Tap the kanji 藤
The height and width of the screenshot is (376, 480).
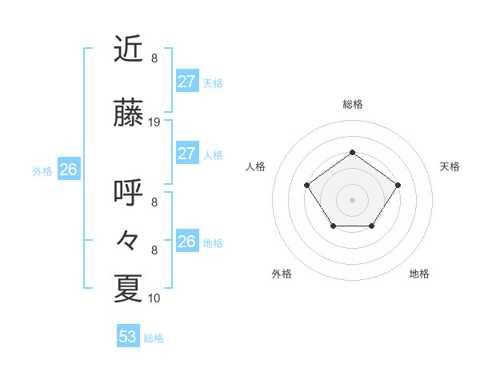tap(129, 114)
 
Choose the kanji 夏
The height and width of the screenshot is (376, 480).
tap(129, 289)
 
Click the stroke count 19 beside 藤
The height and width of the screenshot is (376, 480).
tap(154, 122)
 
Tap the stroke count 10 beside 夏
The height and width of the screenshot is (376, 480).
tap(154, 298)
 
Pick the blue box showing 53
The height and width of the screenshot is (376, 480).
tap(128, 337)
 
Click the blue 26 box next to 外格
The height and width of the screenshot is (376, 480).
tap(68, 170)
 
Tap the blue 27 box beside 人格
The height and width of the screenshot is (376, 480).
tap(186, 154)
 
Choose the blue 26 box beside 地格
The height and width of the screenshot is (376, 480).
tap(186, 241)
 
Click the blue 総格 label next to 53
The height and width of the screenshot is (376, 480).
tap(154, 338)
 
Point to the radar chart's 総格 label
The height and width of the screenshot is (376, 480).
tap(352, 104)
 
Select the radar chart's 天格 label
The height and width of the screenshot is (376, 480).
tap(450, 166)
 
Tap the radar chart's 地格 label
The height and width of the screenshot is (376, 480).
tap(419, 274)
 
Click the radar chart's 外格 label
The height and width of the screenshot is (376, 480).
tap(282, 274)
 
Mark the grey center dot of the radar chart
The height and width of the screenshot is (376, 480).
tap(352, 199)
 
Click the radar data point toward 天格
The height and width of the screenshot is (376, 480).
tap(398, 185)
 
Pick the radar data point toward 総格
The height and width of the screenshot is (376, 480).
tap(352, 152)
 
